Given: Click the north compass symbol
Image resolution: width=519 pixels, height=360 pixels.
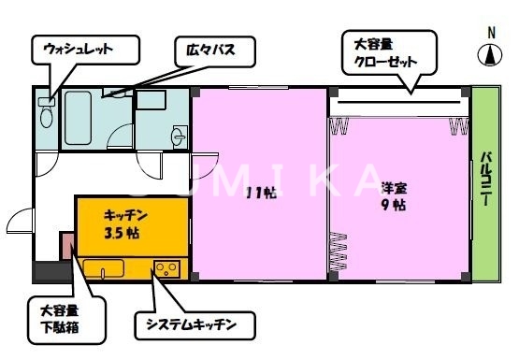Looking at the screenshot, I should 491,55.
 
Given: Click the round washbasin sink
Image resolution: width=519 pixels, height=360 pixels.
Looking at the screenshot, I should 179,137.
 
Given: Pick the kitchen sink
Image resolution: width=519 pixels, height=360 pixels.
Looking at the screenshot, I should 103,269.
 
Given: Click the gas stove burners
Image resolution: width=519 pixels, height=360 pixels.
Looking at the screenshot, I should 168,269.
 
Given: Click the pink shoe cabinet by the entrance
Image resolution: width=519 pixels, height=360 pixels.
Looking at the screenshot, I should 67,246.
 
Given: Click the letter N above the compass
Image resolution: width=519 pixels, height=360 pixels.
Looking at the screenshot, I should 491,33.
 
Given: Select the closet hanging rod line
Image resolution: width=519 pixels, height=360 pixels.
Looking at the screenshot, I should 396,102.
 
